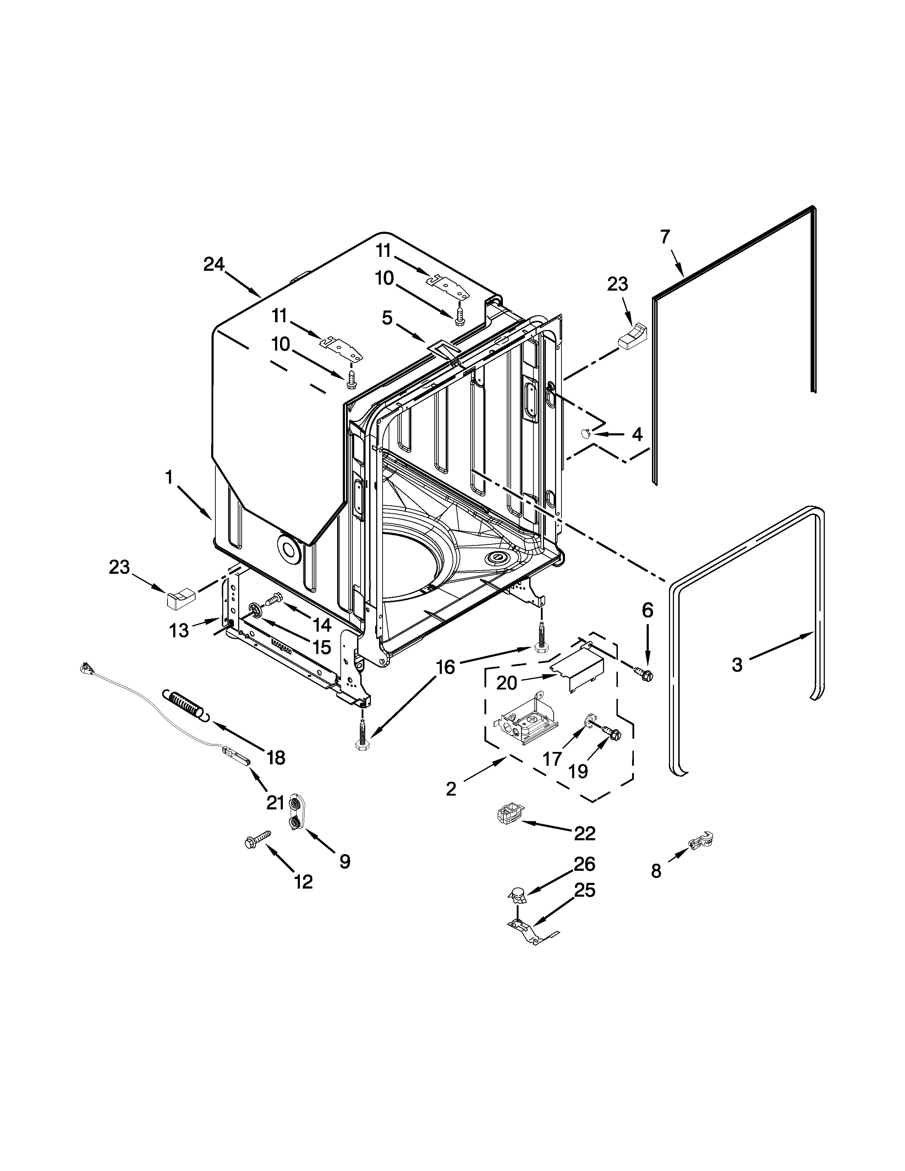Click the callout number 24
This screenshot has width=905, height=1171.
click(214, 264)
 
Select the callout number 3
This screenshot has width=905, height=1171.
click(737, 665)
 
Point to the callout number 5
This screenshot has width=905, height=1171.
click(387, 319)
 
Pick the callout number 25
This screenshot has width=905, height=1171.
click(585, 891)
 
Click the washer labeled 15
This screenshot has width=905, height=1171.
click(256, 611)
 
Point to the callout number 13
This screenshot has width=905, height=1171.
click(179, 631)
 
